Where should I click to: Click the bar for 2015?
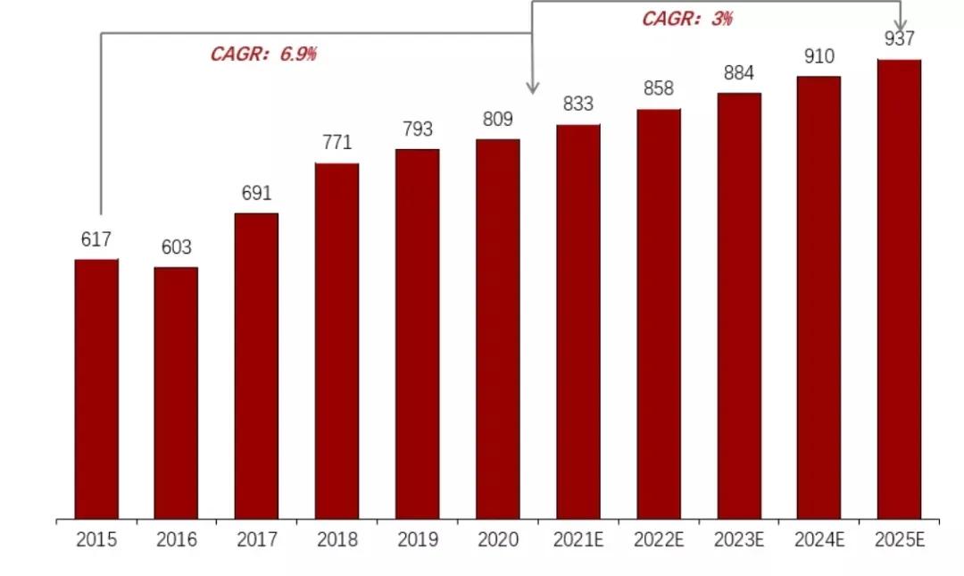pos(96,388)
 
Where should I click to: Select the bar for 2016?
pos(176,393)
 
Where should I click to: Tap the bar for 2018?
pos(337,340)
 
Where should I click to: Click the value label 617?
pos(96,239)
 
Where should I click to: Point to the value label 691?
pos(256,193)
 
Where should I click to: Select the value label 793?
pos(417,129)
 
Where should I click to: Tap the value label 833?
pos(578,104)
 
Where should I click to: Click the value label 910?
pos(819,56)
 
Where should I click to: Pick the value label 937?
pos(899,38)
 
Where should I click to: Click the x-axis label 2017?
pos(256,539)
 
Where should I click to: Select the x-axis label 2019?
pos(417,539)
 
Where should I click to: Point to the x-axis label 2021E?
pos(578,539)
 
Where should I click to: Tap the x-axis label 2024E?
pos(819,539)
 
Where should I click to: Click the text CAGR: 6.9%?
pos(263,54)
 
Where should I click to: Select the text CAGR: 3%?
pos(686,19)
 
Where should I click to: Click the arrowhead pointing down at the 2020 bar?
pos(533,88)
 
